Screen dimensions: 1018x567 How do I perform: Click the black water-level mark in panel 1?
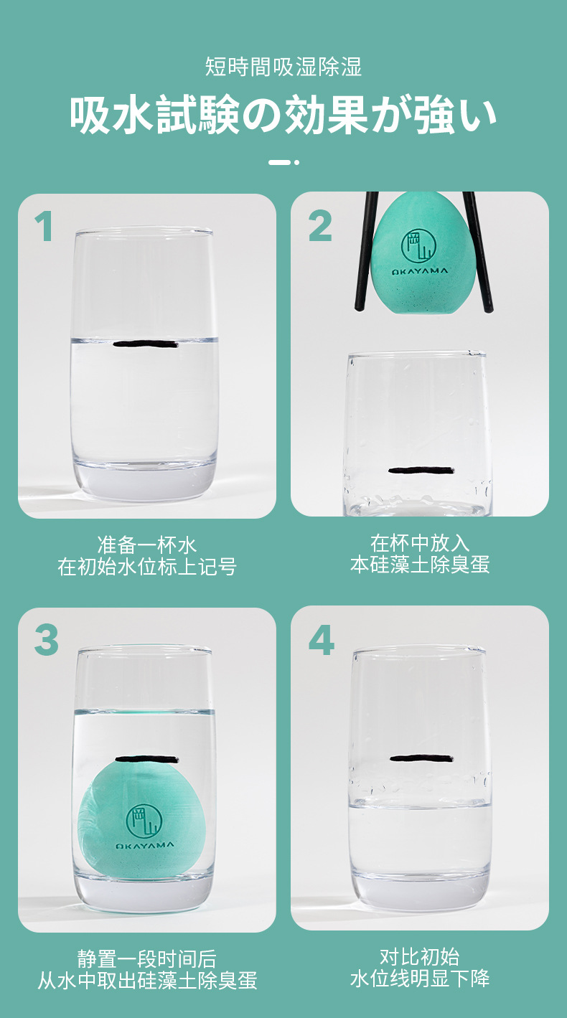click(x=146, y=344)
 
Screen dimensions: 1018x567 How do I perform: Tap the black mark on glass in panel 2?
click(x=421, y=471)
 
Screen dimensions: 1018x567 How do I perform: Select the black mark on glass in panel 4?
click(x=421, y=758)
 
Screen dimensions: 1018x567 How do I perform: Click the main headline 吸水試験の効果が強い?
click(x=283, y=115)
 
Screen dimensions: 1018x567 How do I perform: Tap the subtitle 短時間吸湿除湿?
click(x=283, y=67)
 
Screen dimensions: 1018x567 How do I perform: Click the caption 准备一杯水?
click(x=146, y=544)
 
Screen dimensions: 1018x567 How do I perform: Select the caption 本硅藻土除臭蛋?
click(x=420, y=565)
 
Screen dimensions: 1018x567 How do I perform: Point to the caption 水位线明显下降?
click(x=420, y=979)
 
